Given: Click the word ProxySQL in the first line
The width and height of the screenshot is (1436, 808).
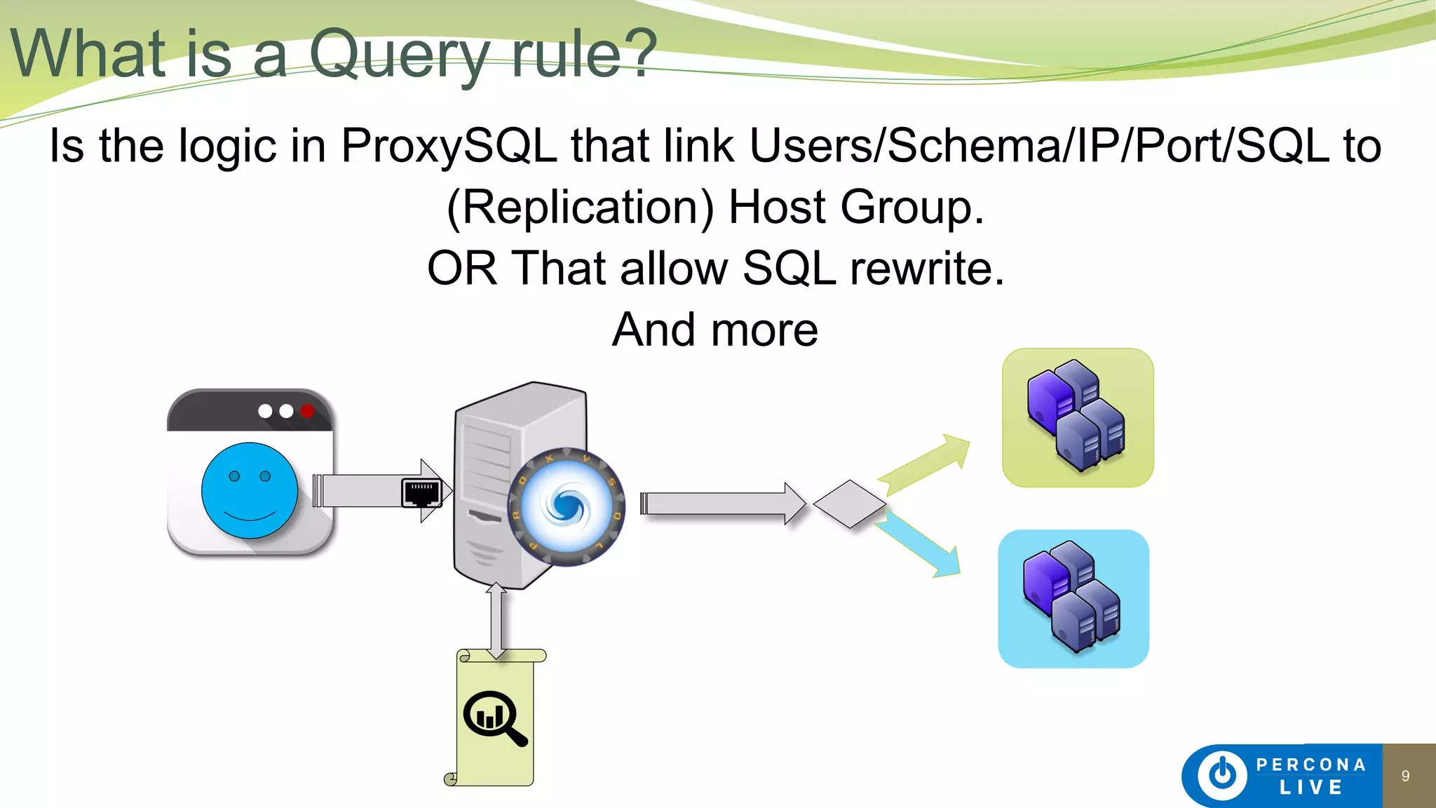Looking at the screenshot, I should coord(449,146).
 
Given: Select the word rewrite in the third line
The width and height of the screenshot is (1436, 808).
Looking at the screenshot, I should coord(927,269).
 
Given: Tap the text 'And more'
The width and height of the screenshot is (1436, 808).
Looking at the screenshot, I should coord(715,330).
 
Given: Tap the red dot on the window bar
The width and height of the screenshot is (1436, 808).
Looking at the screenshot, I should coord(307,411).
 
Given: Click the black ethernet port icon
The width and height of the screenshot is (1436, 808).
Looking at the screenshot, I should coord(421,492).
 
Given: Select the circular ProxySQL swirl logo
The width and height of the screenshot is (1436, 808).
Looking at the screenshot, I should coord(567,506).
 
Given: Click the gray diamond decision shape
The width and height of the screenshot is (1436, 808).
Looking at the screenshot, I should coord(850,504).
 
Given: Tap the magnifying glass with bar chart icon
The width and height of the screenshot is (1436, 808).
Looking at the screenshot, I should coord(495,718).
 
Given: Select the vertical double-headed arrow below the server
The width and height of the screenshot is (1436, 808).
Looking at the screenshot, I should coord(496,620).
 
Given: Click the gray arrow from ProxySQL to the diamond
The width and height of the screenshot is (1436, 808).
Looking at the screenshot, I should coord(722,504).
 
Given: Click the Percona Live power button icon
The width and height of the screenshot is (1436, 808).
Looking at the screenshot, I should coord(1222,775).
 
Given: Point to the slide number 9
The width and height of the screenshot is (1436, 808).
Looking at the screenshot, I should coord(1405,776).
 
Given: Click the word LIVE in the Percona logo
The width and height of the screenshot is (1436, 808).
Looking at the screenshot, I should coord(1310,788).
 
